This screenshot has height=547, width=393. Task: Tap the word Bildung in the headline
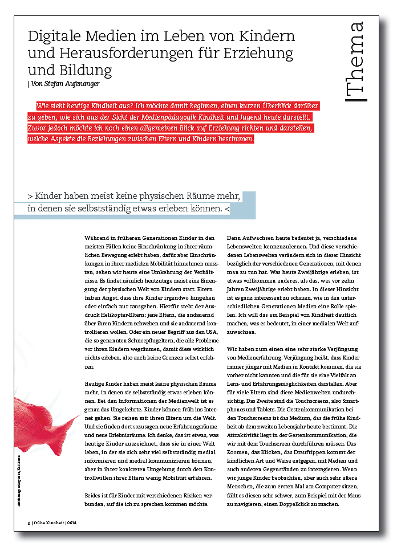coord(88,71)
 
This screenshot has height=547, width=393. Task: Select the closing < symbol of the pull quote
coord(228,209)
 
